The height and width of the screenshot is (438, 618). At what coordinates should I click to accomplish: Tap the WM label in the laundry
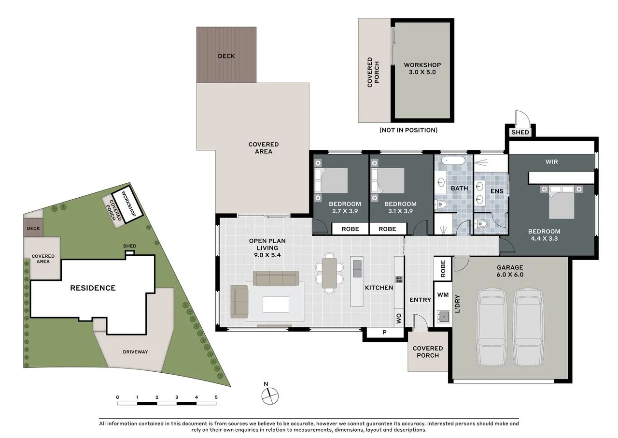[x=443, y=294]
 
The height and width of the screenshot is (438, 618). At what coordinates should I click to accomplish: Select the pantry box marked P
[x=384, y=332]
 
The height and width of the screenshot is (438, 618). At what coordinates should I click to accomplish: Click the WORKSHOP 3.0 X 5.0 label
[x=422, y=69]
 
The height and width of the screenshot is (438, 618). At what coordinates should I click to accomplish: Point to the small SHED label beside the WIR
[x=520, y=132]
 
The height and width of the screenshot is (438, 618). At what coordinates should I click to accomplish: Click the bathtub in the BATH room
[x=453, y=160]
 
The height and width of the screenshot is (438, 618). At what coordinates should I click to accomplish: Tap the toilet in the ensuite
[x=483, y=223]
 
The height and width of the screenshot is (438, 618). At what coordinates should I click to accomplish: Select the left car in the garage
[x=492, y=327]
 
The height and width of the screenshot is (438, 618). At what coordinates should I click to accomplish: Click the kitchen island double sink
[x=357, y=269]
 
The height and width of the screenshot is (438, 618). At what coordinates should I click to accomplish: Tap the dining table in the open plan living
[x=329, y=273]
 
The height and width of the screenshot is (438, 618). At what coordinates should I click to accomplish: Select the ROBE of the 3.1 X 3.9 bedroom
[x=387, y=229]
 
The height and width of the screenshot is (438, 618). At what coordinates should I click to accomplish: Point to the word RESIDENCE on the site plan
[x=93, y=288]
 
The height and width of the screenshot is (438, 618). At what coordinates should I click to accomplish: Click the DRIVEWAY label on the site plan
[x=135, y=351]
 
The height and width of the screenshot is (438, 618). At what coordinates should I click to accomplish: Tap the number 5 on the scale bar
[x=216, y=397]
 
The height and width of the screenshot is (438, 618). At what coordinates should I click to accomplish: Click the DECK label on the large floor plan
[x=226, y=56]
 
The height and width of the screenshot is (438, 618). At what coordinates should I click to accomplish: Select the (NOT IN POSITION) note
[x=408, y=130]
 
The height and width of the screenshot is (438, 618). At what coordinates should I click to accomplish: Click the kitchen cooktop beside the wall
[x=399, y=279]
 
